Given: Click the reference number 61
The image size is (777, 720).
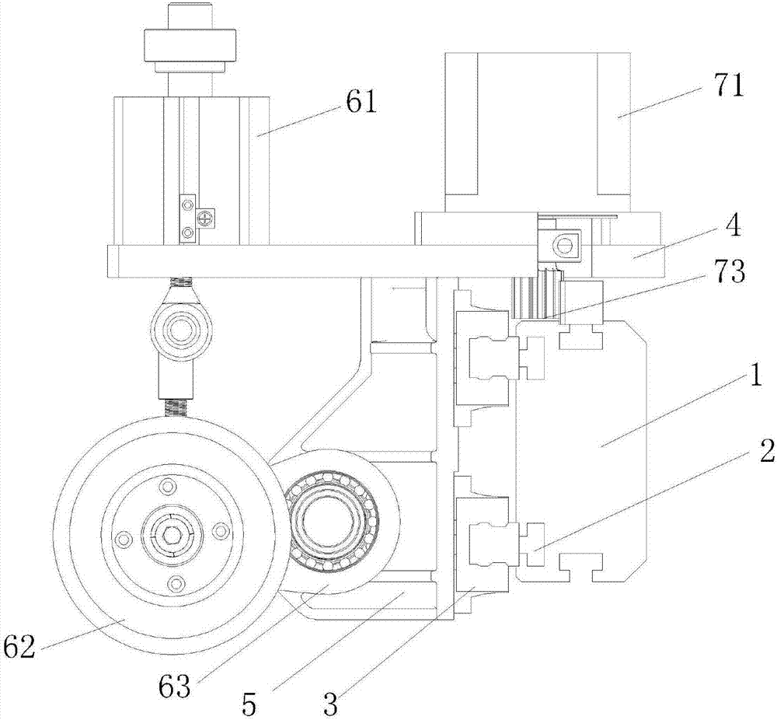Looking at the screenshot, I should [360, 102].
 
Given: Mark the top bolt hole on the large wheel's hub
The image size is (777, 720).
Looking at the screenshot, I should [167, 487].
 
